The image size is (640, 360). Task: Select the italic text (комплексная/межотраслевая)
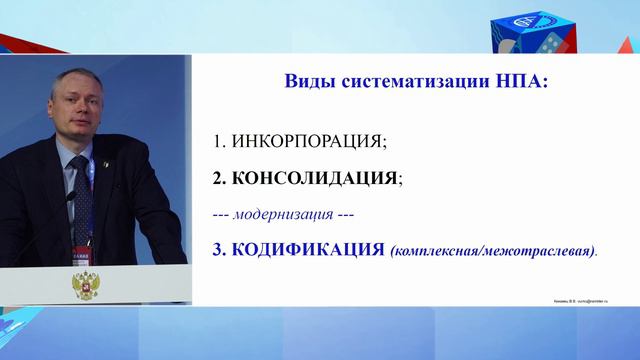493,251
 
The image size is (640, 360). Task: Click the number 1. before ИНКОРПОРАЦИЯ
219,141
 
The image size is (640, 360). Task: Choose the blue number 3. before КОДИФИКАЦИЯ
220,249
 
